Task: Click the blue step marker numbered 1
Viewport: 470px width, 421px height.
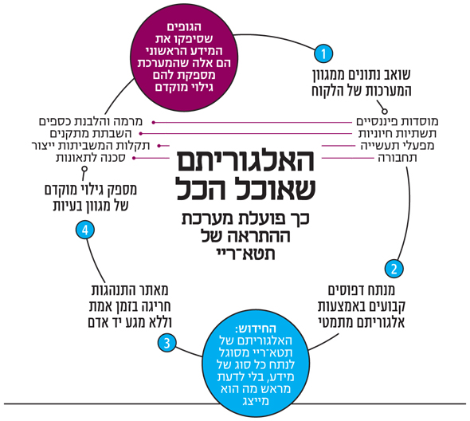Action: pyautogui.click(x=323, y=53)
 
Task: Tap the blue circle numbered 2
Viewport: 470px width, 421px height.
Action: pyautogui.click(x=394, y=269)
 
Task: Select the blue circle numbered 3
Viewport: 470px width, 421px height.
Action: pyautogui.click(x=167, y=343)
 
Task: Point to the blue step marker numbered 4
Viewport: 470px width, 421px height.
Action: pyautogui.click(x=85, y=230)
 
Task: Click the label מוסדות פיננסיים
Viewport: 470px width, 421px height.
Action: pyautogui.click(x=398, y=121)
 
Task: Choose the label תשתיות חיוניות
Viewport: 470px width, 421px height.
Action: pyautogui.click(x=398, y=133)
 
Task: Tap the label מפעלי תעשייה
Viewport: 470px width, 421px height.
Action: pyautogui.click(x=398, y=146)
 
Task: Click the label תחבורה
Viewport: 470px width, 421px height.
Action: pyautogui.click(x=398, y=158)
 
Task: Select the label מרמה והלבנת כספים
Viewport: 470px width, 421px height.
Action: pyautogui.click(x=91, y=121)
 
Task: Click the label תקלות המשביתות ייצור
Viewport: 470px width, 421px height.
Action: pyautogui.click(x=91, y=146)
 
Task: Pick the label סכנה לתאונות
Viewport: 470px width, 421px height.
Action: pyautogui.click(x=91, y=158)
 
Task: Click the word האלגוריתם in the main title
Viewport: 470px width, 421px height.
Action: pyautogui.click(x=245, y=160)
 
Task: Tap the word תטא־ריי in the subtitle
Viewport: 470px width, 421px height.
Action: pyautogui.click(x=245, y=254)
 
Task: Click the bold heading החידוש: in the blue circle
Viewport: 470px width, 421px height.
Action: pyautogui.click(x=256, y=329)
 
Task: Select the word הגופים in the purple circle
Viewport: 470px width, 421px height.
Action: pyautogui.click(x=184, y=27)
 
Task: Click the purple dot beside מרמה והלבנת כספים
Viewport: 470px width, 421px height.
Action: pyautogui.click(x=153, y=123)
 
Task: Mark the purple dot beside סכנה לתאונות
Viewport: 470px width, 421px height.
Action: pyautogui.click(x=135, y=158)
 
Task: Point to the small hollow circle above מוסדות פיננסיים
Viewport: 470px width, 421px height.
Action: pyautogui.click(x=386, y=112)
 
